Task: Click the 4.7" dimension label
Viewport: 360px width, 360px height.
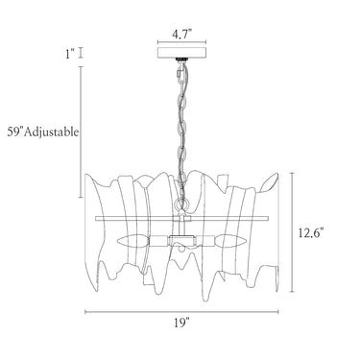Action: click(181, 34)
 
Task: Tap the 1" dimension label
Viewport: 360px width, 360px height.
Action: click(70, 54)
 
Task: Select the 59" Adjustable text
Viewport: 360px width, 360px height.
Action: click(43, 132)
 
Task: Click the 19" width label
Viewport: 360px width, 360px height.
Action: click(182, 323)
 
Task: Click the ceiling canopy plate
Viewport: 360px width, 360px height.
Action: click(181, 53)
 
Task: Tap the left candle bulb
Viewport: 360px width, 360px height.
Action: click(133, 240)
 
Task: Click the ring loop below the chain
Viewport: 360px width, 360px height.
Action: click(181, 203)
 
